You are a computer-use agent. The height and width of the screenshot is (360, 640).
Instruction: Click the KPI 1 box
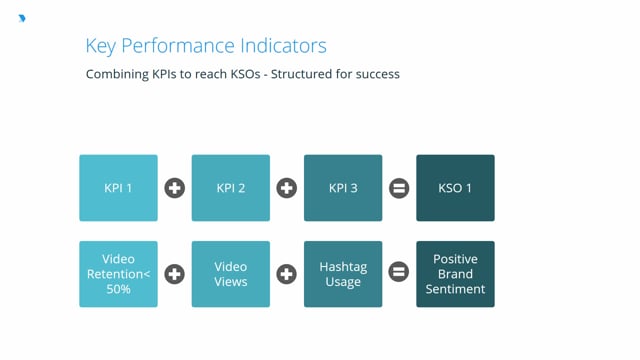tap(118, 188)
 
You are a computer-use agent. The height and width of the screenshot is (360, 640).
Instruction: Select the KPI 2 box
tap(231, 188)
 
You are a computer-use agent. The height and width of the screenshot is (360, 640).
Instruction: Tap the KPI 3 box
tap(343, 188)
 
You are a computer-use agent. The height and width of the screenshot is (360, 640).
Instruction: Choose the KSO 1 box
tap(455, 188)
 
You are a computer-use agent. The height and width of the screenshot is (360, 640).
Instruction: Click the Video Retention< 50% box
tap(118, 274)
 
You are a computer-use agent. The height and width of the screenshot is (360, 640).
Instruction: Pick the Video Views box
tap(231, 274)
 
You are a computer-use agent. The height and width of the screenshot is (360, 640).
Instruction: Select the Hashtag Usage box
tap(343, 274)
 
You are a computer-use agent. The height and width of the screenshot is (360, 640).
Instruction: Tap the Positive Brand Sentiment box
tap(455, 274)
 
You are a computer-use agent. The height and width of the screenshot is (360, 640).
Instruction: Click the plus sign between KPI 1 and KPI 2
tap(174, 188)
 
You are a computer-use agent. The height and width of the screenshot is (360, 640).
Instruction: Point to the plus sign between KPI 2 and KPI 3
tap(287, 188)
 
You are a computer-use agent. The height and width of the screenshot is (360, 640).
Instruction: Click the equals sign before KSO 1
tap(399, 188)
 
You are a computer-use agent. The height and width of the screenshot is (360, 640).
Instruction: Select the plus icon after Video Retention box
tap(174, 274)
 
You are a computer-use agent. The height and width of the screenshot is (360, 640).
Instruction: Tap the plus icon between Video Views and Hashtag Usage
tap(287, 274)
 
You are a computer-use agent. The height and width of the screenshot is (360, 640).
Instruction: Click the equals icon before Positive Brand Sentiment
tap(399, 274)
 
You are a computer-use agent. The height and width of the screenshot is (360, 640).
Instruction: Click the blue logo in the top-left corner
tap(23, 18)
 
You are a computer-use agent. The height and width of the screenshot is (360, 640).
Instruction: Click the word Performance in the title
tap(179, 46)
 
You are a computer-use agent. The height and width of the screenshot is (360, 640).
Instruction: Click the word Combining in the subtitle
tap(116, 74)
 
